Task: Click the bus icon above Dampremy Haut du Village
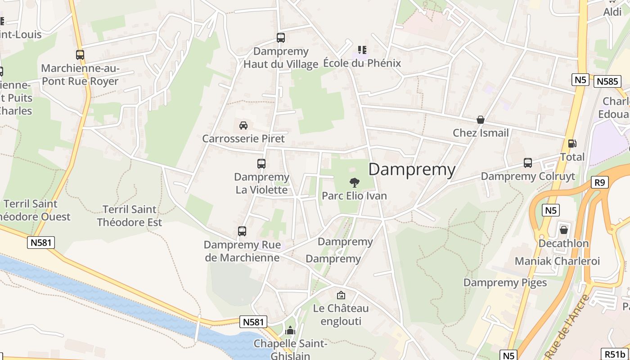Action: [281, 38]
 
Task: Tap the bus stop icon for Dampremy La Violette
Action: [261, 164]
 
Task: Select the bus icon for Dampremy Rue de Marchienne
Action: [242, 231]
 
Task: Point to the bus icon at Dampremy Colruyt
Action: [528, 163]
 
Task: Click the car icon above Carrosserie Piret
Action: [243, 125]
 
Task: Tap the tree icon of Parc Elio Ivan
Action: [355, 182]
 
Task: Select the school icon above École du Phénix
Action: [362, 49]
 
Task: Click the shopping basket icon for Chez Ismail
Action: [481, 120]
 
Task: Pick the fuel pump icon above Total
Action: [572, 144]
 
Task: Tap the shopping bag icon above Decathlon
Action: [563, 230]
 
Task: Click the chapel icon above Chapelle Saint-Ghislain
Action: [290, 331]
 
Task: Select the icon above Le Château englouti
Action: [341, 295]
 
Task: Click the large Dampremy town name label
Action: [412, 170]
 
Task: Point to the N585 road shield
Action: [607, 81]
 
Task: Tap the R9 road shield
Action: [600, 182]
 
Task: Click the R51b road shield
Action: [615, 354]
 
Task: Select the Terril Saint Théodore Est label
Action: [130, 216]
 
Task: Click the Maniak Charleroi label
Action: [557, 261]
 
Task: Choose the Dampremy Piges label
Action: [505, 283]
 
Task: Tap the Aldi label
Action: [612, 12]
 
